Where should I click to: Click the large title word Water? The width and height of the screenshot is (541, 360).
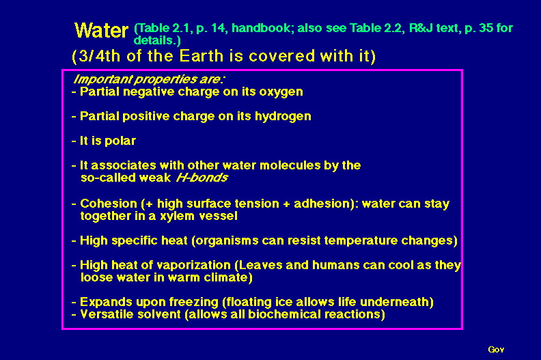101,30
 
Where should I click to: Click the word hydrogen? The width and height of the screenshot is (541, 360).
283,117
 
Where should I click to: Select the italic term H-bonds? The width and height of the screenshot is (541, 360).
202,178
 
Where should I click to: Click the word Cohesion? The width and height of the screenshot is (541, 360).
109,204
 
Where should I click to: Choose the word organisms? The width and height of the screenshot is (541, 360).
227,240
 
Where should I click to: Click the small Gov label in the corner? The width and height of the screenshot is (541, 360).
496,350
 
